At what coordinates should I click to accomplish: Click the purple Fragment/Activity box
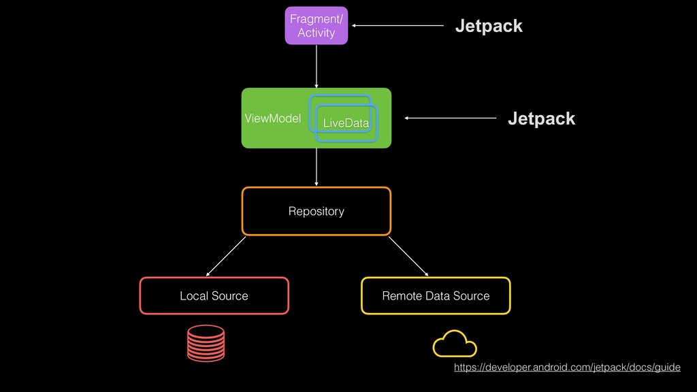click(316, 25)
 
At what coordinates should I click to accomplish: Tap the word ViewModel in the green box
click(272, 118)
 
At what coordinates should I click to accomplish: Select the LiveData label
click(346, 123)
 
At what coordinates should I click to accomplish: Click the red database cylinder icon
click(206, 343)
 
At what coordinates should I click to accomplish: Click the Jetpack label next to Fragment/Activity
click(489, 26)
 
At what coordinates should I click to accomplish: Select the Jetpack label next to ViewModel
click(541, 119)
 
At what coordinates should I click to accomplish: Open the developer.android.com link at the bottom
click(567, 367)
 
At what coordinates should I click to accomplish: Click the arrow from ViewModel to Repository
click(317, 167)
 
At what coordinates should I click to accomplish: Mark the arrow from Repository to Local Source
click(226, 255)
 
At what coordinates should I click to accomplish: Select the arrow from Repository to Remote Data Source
click(408, 256)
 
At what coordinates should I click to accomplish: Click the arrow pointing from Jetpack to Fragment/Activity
click(398, 26)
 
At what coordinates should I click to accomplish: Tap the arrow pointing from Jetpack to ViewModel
click(451, 118)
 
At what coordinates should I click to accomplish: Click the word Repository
click(317, 212)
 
